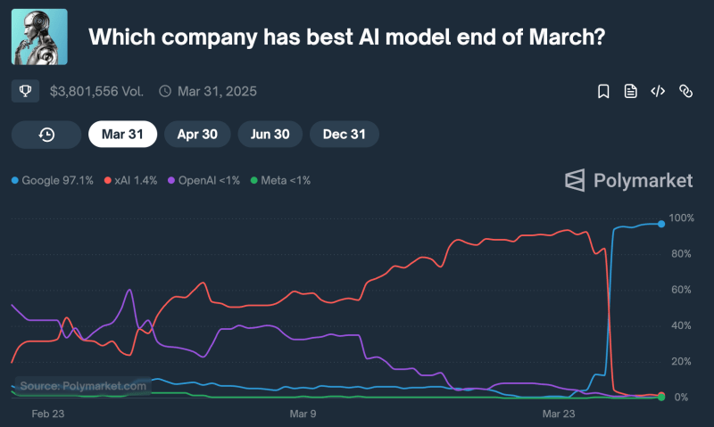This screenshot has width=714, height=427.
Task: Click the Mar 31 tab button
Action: coord(123,135)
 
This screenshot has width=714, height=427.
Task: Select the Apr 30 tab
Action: coord(198,135)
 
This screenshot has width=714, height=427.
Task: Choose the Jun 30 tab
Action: coord(270,135)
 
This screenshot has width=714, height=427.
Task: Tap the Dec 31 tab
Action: coord(345,135)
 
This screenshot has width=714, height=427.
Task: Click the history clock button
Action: coord(46,135)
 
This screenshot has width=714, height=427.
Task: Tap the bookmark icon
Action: coord(603,91)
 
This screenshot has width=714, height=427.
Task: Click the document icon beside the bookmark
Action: coord(630,91)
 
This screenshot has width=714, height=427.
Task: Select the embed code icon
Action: coord(658,91)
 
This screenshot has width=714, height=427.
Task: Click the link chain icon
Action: coord(685,91)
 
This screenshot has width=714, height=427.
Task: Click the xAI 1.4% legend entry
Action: coord(131,180)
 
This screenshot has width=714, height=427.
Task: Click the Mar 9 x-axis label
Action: coord(303,414)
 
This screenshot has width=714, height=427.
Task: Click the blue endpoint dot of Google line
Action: coord(661,224)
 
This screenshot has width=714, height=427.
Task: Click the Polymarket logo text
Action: coord(643,180)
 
